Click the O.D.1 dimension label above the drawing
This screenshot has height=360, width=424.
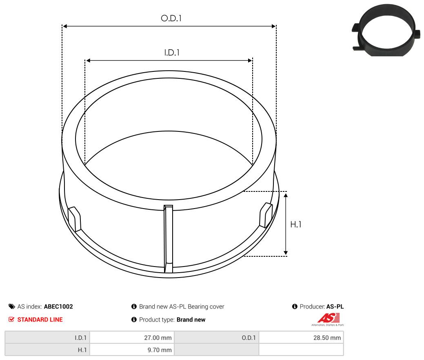tap(171, 18)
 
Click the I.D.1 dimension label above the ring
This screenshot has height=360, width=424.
tap(172, 53)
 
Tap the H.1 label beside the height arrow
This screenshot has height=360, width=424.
tap(295, 224)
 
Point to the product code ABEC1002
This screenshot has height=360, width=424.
tap(58, 307)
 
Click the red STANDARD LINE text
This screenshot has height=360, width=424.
tap(40, 320)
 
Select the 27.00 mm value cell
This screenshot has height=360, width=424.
tap(132, 338)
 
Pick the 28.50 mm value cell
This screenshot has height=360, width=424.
tap(301, 338)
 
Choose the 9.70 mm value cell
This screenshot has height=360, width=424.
tap(132, 350)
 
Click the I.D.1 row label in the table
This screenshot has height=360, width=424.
tap(47, 338)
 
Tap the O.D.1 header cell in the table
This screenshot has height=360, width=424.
tap(217, 338)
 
